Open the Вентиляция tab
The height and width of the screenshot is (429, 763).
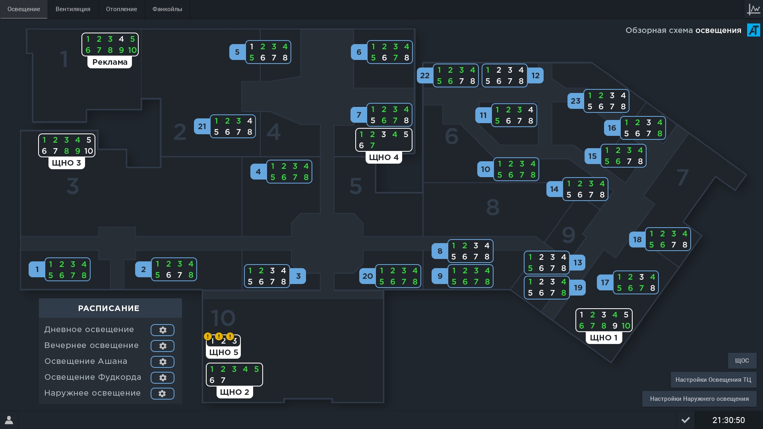tap(73, 9)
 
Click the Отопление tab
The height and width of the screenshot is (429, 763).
tap(121, 9)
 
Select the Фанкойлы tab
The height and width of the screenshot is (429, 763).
tap(167, 9)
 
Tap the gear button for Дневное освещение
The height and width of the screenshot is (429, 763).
tap(162, 330)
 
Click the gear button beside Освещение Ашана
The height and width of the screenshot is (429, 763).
tap(162, 362)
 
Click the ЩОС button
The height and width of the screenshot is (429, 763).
tap(742, 361)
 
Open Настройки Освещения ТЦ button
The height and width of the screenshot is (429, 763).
tap(713, 380)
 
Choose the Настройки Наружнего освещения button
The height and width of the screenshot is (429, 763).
tap(699, 399)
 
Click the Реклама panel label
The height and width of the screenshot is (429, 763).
tap(110, 62)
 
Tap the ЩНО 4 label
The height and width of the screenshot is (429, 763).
tap(383, 157)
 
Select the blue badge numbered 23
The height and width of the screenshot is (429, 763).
tap(575, 101)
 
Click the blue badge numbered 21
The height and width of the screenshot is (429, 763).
tap(202, 126)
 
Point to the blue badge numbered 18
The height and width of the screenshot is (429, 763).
tap(637, 240)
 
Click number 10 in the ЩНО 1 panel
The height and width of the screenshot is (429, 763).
tap(626, 326)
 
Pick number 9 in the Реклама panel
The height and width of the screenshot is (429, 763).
tap(121, 50)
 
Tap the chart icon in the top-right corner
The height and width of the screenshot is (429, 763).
tap(753, 9)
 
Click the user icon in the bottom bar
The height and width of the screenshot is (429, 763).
tap(9, 420)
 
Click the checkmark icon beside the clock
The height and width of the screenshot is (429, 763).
tap(686, 420)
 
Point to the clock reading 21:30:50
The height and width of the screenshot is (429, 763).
tap(728, 420)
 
